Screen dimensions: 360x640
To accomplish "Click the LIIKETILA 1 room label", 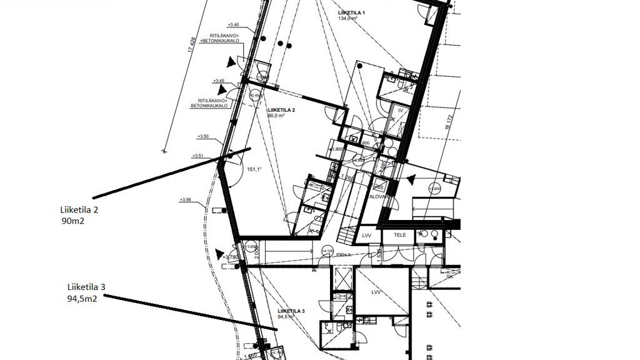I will pyautogui.click(x=351, y=12).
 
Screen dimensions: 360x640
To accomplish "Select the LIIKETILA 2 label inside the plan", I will pyautogui.click(x=281, y=110).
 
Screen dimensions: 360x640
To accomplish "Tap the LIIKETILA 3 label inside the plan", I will pyautogui.click(x=291, y=311).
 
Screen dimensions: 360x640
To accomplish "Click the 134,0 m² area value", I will pyautogui.click(x=347, y=19).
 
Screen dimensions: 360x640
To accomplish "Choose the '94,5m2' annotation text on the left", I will pyautogui.click(x=82, y=299).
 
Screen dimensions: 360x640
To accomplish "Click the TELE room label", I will pyautogui.click(x=399, y=235).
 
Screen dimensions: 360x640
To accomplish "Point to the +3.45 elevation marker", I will pyautogui.click(x=219, y=81).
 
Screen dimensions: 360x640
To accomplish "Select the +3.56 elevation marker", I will pyautogui.click(x=185, y=199).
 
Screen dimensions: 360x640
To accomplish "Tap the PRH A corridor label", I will pyautogui.click(x=343, y=255).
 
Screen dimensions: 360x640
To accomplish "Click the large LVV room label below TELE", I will pyautogui.click(x=376, y=292).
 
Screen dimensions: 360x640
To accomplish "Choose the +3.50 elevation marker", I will pyautogui.click(x=202, y=136).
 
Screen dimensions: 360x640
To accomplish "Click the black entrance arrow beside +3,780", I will pyautogui.click(x=219, y=254).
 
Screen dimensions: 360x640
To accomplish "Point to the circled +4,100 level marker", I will pyautogui.click(x=326, y=251).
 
